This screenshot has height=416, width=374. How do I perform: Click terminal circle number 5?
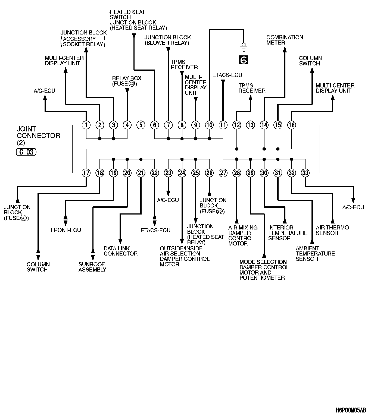tap(141, 125)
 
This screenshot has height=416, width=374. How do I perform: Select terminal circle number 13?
tap(251, 125)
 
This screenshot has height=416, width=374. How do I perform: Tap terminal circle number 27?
tap(223, 173)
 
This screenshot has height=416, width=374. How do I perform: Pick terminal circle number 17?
tap(86, 173)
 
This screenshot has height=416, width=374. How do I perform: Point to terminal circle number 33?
tap(306, 173)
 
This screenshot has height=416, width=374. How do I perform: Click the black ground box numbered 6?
tap(244, 60)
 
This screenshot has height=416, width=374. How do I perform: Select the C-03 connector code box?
tap(26, 152)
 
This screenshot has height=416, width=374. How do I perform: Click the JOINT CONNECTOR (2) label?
tap(38, 135)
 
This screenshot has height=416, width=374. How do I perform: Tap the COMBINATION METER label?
tap(285, 40)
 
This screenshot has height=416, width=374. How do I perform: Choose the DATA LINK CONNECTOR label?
tap(120, 251)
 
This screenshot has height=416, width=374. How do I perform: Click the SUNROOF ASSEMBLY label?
tap(92, 267)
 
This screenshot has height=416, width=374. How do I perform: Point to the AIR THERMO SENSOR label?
tap(332, 230)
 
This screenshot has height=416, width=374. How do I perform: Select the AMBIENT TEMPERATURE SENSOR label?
tap(315, 254)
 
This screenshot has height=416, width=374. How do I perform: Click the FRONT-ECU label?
tap(66, 230)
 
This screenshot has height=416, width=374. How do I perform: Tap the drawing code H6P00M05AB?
tap(351, 410)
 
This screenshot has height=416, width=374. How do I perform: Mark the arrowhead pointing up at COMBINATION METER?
tap(285, 49)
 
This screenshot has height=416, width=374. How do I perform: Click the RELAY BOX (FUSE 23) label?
tap(127, 81)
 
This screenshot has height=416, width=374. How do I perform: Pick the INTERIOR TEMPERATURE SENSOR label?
tap(288, 233)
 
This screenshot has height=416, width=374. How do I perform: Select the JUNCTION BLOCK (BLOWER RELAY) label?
tap(167, 40)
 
